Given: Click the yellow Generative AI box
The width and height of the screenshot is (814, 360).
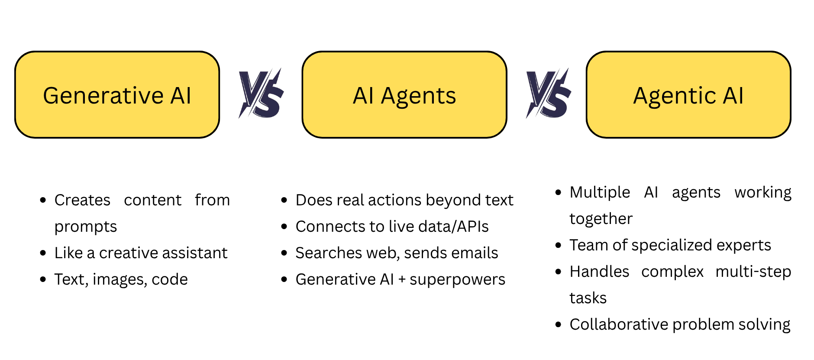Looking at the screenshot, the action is (x=117, y=95).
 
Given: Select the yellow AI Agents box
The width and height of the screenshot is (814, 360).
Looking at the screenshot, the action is (x=404, y=95).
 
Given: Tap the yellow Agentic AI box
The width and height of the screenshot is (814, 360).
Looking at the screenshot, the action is (x=688, y=95).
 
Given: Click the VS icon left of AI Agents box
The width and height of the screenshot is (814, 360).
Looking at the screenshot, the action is (x=261, y=93).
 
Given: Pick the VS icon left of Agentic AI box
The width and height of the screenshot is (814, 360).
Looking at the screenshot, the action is (x=549, y=93).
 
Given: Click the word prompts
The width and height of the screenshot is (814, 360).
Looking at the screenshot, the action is (x=86, y=227).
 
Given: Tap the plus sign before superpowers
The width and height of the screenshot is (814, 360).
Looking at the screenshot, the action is (x=402, y=280).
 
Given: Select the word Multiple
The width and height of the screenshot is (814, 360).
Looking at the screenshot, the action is (x=600, y=192).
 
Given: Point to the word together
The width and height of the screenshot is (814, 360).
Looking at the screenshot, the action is (x=601, y=219).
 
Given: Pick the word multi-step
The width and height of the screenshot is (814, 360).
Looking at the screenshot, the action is (x=753, y=272).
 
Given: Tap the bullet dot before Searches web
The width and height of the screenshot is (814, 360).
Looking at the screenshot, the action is (x=284, y=253).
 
